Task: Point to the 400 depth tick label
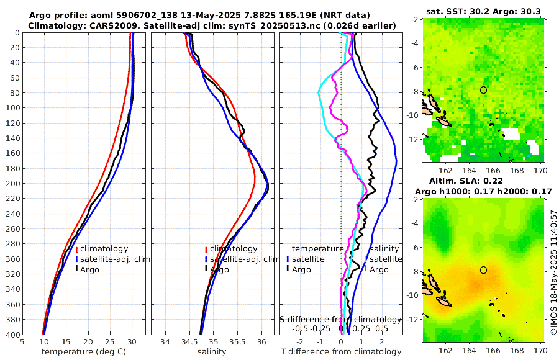tap(12, 335)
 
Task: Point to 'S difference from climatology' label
tap(341, 319)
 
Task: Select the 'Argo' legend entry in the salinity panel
tap(219, 270)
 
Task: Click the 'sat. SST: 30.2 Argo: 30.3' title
tap(482, 11)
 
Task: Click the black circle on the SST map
tap(484, 90)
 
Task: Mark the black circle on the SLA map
tap(484, 270)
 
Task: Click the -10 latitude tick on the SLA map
tap(414, 295)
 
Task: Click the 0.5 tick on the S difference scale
tap(381, 328)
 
